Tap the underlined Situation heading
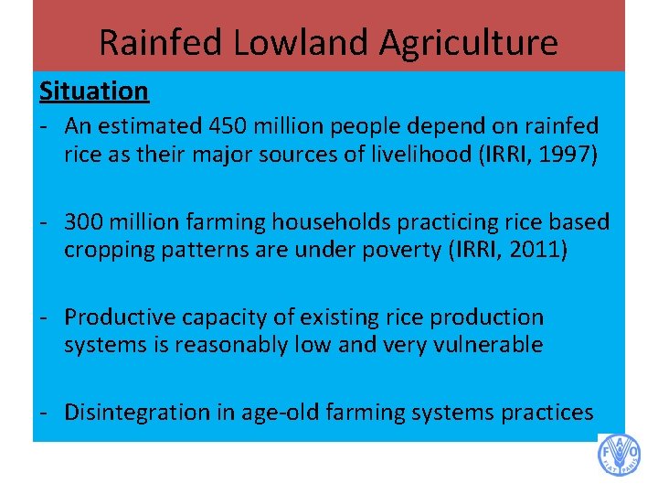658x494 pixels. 93,91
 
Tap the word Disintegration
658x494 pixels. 136,413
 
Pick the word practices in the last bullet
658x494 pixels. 547,413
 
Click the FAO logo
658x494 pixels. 619,455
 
